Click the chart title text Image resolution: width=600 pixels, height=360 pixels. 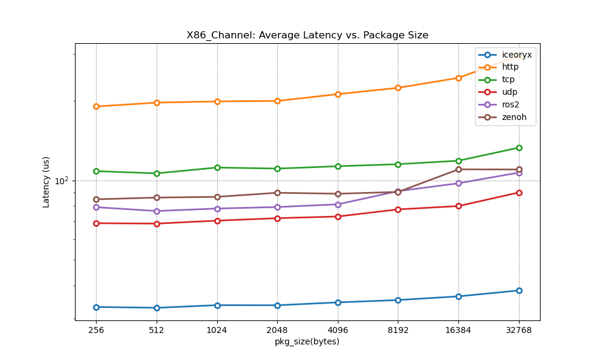click(x=307, y=35)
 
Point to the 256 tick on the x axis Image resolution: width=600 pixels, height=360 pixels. click(x=96, y=330)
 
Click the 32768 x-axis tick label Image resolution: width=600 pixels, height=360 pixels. click(x=519, y=330)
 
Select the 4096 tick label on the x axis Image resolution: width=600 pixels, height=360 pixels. click(x=338, y=330)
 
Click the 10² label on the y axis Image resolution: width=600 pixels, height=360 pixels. click(x=62, y=180)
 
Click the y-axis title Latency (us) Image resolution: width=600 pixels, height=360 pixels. click(x=46, y=182)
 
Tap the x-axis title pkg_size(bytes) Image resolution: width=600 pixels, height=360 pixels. click(x=307, y=341)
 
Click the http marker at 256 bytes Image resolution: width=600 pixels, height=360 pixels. click(x=96, y=106)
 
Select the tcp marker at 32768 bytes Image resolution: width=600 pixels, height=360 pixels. click(x=519, y=148)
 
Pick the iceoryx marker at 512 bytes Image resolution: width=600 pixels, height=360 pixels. click(x=157, y=308)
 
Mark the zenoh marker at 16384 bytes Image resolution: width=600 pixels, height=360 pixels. click(x=458, y=169)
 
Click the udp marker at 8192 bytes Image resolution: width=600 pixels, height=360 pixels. click(x=398, y=209)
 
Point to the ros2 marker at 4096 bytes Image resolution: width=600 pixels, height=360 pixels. click(x=338, y=205)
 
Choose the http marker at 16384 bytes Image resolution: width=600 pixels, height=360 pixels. click(x=458, y=78)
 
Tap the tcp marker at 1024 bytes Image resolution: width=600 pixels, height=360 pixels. click(x=217, y=167)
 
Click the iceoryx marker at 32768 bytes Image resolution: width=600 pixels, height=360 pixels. click(x=519, y=290)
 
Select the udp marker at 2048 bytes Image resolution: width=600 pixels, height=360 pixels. click(x=277, y=218)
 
